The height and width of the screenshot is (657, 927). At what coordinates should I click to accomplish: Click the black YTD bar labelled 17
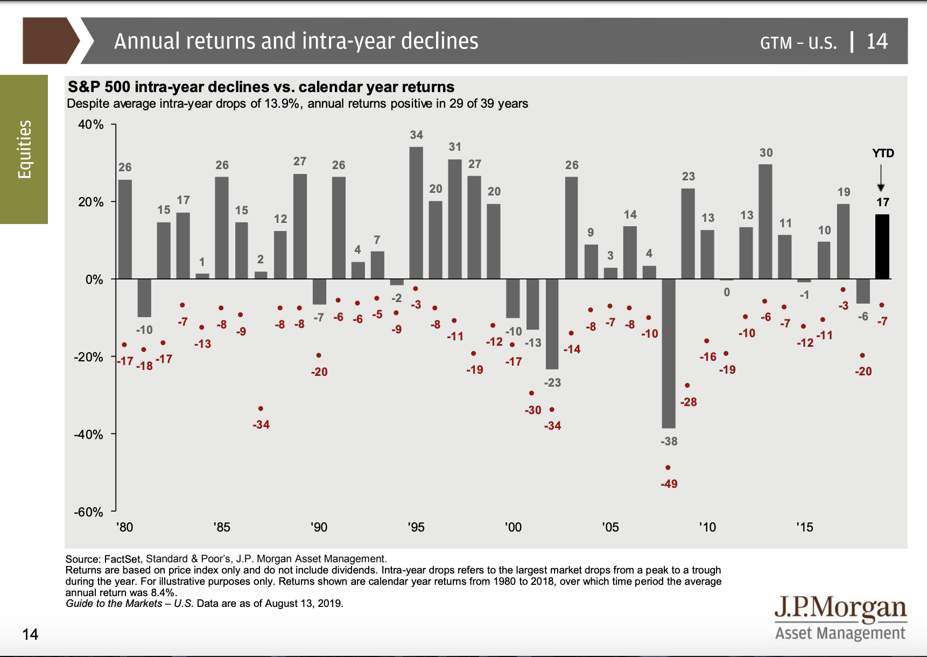[882, 247]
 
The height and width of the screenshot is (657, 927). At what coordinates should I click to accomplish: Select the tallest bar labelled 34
[416, 213]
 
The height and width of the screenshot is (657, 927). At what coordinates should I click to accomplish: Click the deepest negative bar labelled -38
[669, 353]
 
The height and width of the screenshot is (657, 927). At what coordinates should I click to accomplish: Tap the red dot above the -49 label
[668, 467]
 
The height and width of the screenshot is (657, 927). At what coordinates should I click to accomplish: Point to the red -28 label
[689, 402]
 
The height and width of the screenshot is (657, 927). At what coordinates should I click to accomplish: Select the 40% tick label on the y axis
[90, 124]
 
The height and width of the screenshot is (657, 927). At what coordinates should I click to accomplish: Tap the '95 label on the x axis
[416, 527]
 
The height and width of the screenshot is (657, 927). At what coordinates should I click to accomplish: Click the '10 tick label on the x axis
[707, 527]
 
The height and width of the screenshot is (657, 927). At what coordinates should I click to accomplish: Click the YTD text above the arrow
[883, 153]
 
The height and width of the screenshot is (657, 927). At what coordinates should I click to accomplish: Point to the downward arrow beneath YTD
[881, 178]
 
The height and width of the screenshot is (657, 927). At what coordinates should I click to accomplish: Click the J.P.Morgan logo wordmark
[840, 609]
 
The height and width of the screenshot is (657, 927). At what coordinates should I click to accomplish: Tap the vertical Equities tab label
[24, 149]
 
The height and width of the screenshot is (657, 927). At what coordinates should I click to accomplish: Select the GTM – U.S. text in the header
[798, 43]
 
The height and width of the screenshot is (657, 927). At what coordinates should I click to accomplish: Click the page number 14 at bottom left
[30, 634]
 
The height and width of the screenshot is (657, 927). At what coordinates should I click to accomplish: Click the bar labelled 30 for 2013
[765, 221]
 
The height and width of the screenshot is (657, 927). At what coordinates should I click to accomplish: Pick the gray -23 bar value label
[552, 383]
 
